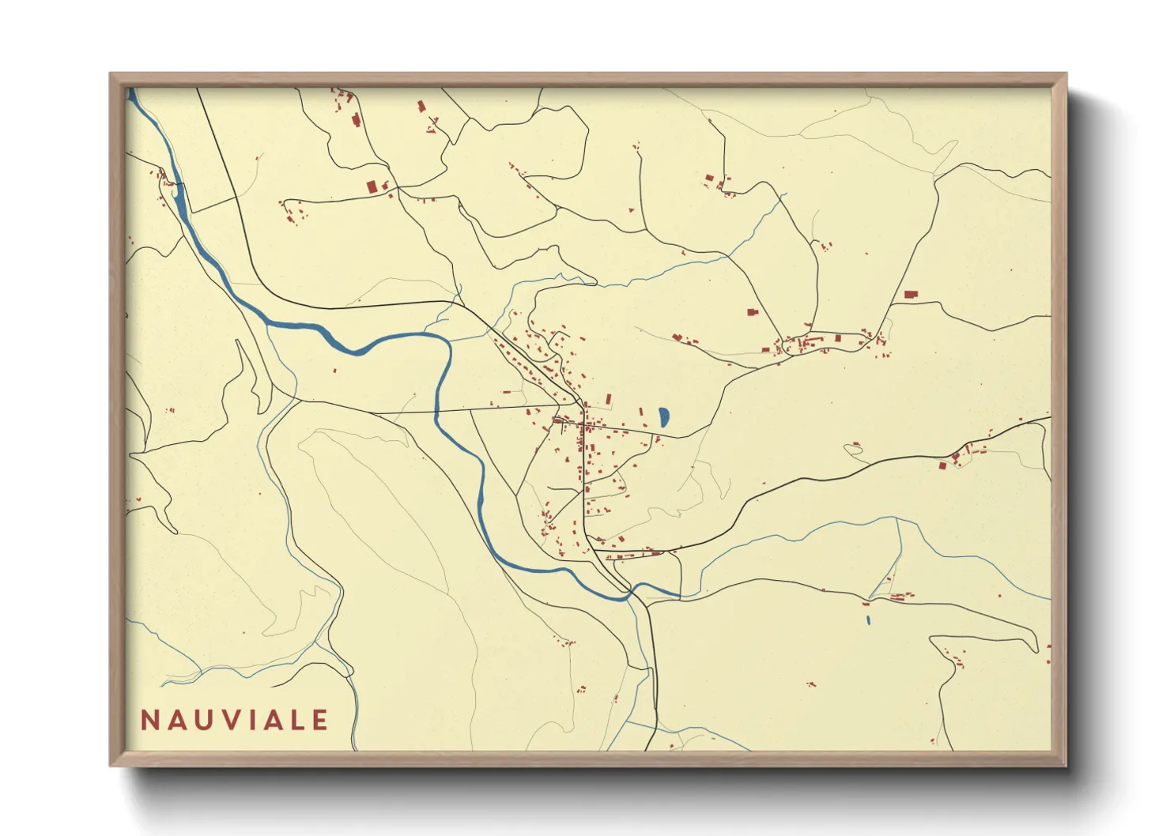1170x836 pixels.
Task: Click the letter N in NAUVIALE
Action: (149, 721)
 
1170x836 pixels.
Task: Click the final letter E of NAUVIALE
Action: (320, 721)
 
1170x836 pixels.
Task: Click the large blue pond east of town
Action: (663, 417)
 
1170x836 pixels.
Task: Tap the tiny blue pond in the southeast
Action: (868, 619)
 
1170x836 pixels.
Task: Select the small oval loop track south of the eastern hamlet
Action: (853, 449)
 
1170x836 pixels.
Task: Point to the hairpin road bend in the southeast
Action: (1032, 644)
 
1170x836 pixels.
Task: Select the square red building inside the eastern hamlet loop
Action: (838, 338)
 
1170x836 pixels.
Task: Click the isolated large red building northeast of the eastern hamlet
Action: (910, 295)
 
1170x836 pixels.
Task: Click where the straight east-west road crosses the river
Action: (436, 412)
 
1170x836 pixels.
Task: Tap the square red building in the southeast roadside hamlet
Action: (942, 465)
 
